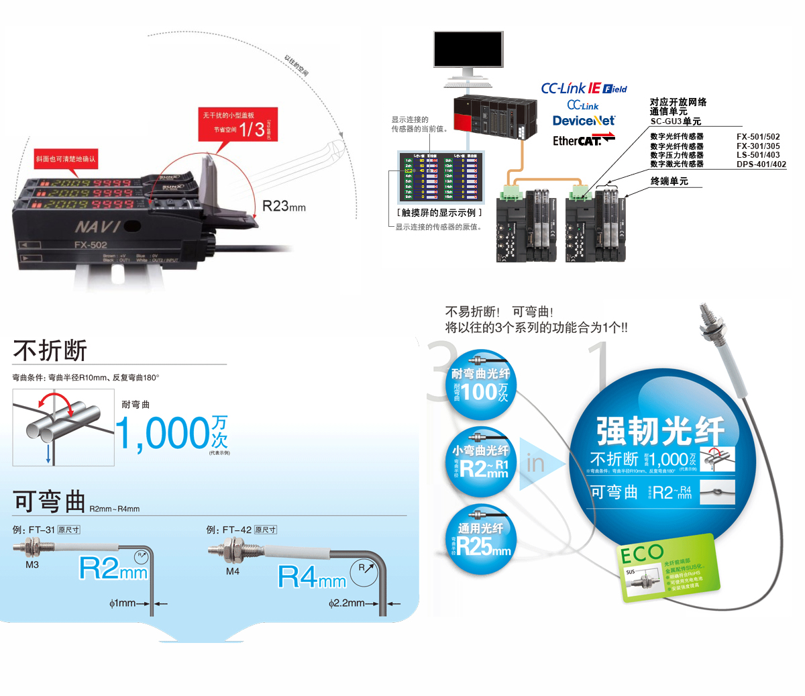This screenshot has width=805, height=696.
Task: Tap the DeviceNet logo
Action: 584,121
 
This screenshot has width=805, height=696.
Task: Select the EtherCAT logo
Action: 583,140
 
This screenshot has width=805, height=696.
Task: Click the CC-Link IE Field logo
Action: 584,89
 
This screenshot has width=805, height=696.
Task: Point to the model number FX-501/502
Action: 758,137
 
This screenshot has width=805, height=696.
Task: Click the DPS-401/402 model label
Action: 761,164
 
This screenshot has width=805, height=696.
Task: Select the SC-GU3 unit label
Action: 676,121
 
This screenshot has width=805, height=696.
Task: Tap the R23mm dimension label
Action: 284,207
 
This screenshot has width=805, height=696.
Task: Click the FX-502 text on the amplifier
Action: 90,245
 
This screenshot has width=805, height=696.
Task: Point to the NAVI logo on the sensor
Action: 98,226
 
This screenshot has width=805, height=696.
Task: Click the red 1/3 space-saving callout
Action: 236,123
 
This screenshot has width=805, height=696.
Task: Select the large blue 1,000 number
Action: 163,434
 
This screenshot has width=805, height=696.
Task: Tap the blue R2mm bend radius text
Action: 113,569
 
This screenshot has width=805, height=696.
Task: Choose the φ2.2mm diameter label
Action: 347,603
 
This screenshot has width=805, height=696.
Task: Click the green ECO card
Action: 668,567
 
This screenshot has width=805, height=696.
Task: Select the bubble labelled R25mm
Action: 480,541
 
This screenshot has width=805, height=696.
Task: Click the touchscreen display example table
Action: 440,178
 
